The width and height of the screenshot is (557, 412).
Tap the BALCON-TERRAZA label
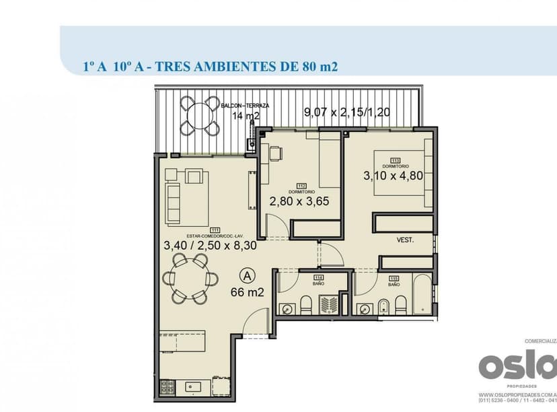point(246,106)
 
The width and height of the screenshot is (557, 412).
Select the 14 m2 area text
point(246,116)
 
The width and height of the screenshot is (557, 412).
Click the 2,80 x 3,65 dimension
point(299,201)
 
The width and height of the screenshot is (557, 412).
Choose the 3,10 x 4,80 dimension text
point(392,176)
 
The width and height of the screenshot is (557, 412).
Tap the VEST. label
point(405,240)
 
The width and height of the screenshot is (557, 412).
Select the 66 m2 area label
point(246,292)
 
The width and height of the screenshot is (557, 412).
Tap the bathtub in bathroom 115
point(424,295)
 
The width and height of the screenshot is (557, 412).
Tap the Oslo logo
point(517,366)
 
